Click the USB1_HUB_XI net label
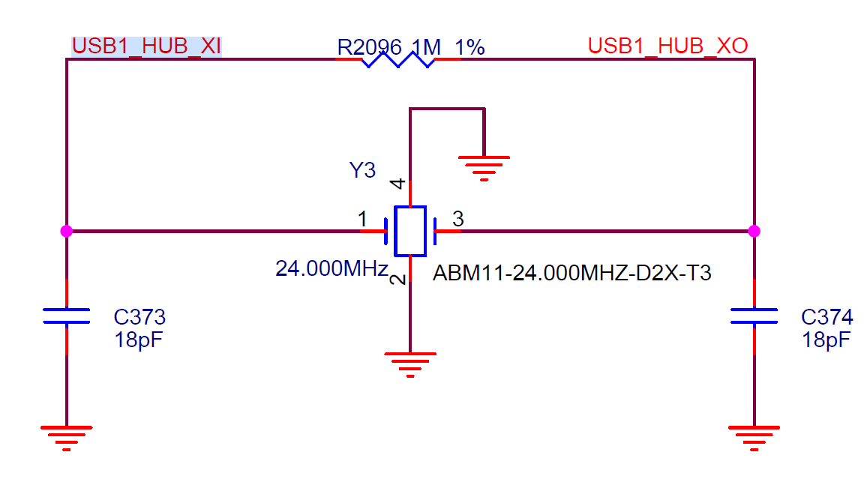click(146, 46)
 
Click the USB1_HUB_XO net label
click(668, 46)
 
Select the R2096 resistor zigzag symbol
click(398, 59)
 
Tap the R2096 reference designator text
click(369, 47)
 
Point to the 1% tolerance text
click(470, 47)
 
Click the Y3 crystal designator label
click(362, 170)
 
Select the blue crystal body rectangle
click(410, 231)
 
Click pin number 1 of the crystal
click(362, 219)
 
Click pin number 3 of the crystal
click(457, 219)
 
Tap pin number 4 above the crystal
click(397, 184)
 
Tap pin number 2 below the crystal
click(397, 280)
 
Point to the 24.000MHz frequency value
click(331, 268)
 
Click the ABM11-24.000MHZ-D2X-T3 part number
click(571, 273)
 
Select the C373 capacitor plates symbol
click(66, 316)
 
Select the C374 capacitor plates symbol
click(754, 316)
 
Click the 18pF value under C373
click(138, 340)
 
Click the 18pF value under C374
click(826, 340)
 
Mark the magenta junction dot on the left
click(66, 231)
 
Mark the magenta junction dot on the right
click(754, 231)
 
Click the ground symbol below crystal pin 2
click(410, 364)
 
